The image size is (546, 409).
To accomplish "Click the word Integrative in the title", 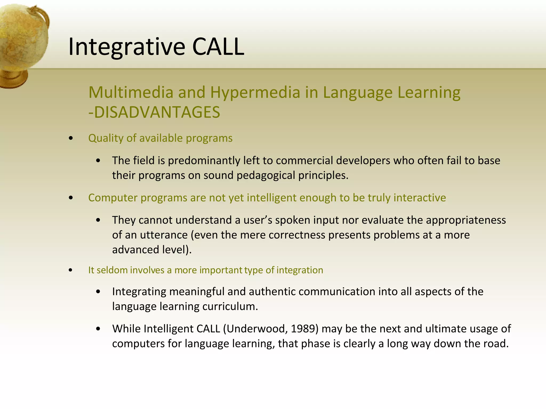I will point(127,47).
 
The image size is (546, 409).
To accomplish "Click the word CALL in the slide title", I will point(218,47).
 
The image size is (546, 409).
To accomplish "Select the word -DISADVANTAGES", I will point(154,112).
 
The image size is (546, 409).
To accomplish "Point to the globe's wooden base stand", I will point(13,79).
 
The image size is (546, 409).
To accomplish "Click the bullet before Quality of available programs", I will point(71,138).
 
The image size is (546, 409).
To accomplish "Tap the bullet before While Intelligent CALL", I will point(98,329).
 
